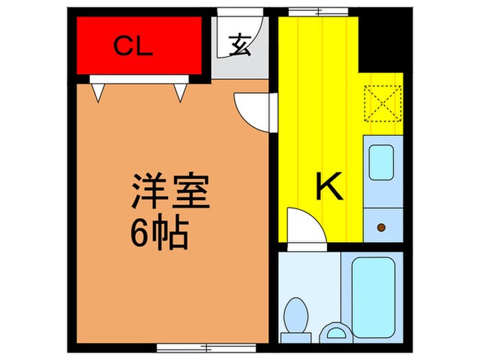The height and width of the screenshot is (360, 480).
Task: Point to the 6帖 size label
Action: pos(159,235)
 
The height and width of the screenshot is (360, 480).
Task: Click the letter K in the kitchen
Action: pos(329,186)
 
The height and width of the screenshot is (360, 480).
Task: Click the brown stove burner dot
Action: pos(381,226)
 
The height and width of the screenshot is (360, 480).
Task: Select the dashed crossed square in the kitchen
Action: pos(381,101)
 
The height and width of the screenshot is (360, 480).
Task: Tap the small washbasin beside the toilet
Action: pos(335,333)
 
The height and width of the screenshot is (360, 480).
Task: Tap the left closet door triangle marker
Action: pos(99,91)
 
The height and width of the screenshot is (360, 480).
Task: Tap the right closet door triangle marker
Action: pos(182,91)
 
